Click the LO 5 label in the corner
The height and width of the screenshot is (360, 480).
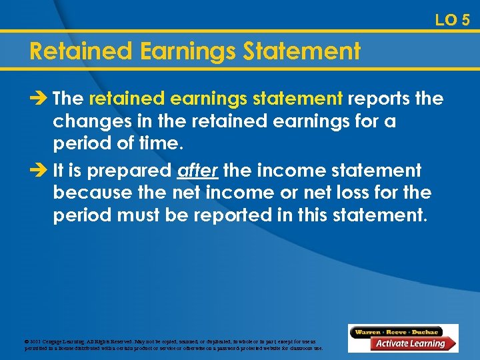click(x=452, y=20)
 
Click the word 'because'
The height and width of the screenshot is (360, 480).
click(x=89, y=194)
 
